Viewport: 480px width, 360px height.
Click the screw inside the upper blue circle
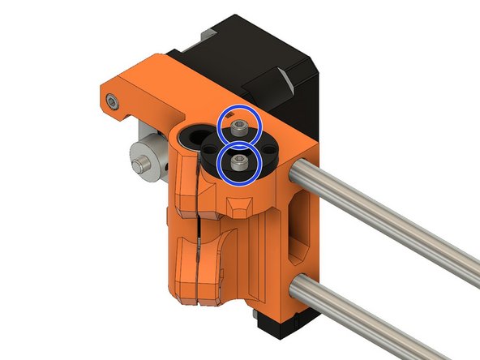point(240,127)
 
